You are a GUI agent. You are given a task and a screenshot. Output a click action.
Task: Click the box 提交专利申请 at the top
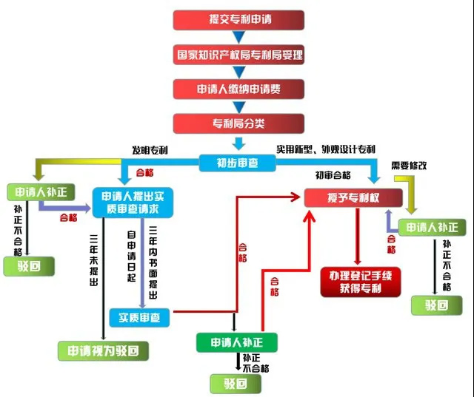click(239, 20)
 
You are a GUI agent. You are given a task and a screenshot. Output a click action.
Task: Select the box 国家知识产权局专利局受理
click(239, 55)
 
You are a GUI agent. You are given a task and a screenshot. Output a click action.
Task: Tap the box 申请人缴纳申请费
click(239, 89)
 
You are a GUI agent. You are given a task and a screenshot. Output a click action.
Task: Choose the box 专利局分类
click(239, 123)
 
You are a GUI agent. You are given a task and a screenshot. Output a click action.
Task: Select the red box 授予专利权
click(354, 198)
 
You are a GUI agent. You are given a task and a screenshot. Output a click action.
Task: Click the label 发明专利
click(150, 150)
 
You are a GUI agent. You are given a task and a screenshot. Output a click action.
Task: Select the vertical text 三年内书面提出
click(153, 264)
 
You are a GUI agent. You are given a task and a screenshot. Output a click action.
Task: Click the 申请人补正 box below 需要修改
click(432, 228)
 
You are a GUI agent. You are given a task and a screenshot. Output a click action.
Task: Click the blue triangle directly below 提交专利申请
click(238, 37)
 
